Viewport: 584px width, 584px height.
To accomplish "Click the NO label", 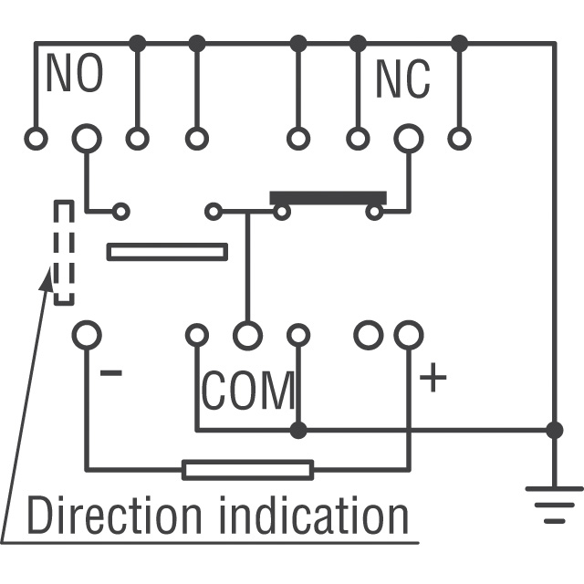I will (x=75, y=75).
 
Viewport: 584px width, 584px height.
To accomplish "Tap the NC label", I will (x=402, y=80).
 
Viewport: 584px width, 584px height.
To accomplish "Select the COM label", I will (x=248, y=391).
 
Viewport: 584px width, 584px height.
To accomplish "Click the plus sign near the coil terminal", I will (x=433, y=377).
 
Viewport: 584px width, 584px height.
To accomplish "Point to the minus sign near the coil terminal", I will (x=110, y=373).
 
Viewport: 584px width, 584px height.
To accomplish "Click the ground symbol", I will (x=554, y=505).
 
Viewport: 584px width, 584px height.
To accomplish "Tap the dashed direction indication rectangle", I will (x=63, y=253).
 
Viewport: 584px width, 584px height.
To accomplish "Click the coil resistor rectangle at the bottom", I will (x=247, y=470).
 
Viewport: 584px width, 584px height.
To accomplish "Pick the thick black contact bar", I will (x=328, y=198).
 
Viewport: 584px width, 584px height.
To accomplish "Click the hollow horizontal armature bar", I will (x=167, y=251).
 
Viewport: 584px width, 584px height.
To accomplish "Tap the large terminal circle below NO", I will (x=87, y=139).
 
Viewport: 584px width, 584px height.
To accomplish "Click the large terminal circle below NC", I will (x=408, y=139).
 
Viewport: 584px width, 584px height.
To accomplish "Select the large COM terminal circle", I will (x=247, y=336).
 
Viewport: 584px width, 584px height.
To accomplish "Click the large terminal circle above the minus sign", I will (x=87, y=335).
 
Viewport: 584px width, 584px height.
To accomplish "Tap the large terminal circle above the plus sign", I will (x=408, y=335).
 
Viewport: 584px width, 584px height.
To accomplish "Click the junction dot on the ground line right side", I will (x=554, y=430).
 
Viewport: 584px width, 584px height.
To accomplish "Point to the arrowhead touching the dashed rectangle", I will (x=45, y=276).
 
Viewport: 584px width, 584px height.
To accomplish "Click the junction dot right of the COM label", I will (x=297, y=430).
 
